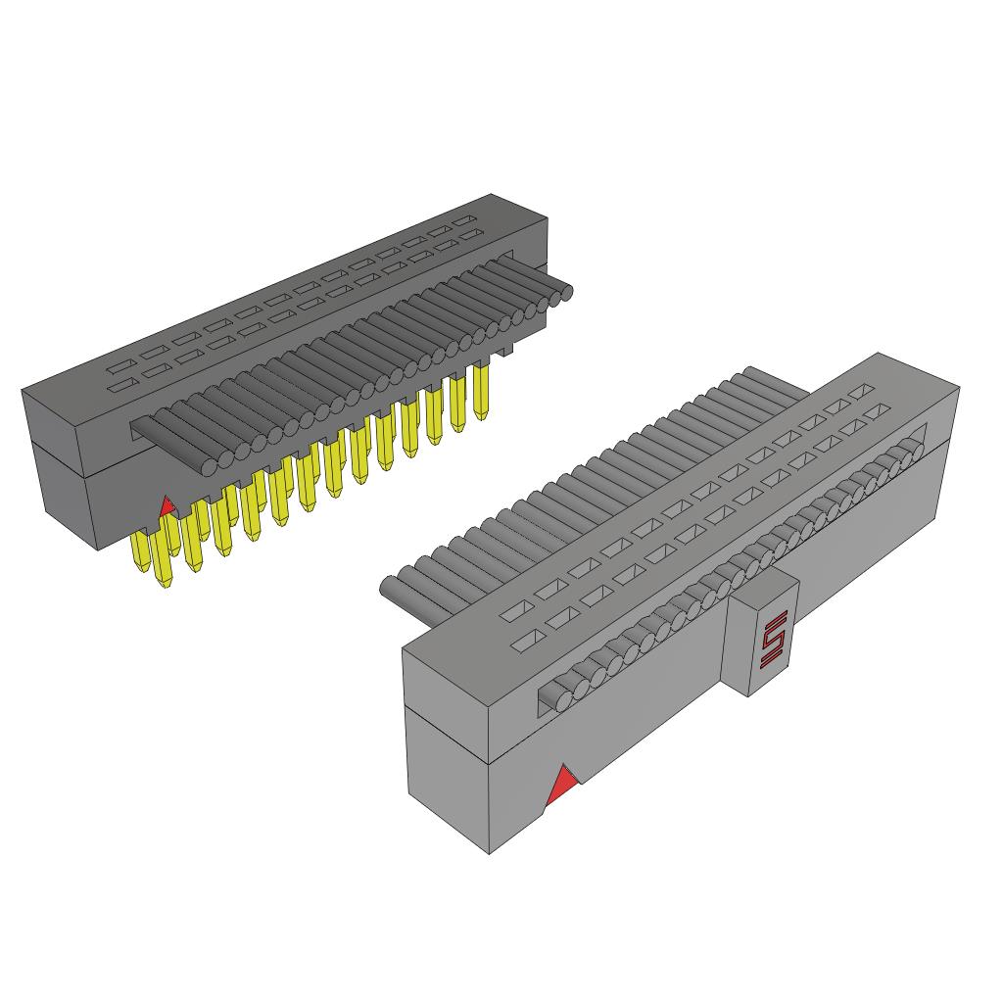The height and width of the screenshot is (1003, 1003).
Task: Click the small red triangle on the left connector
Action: pos(167,506)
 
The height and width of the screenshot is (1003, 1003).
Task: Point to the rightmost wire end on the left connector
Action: pos(563,292)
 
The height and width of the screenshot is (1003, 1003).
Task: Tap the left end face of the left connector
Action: pos(58,461)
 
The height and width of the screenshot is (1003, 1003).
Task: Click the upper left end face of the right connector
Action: pos(446,698)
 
